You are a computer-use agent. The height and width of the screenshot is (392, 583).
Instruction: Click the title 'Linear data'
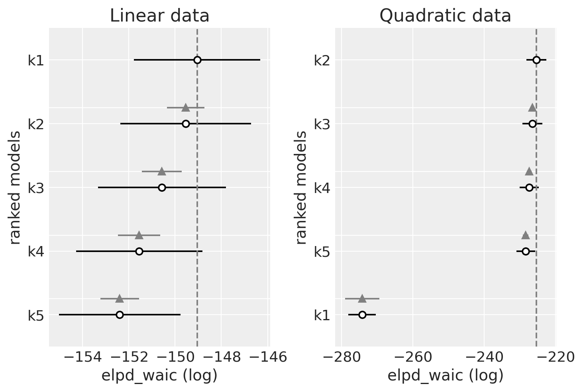point(159,16)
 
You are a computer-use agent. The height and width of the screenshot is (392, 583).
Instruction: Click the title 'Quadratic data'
point(445,16)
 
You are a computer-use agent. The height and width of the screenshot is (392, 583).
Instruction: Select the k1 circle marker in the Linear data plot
point(197,60)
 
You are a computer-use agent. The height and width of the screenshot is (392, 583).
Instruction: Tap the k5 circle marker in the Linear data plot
point(120,315)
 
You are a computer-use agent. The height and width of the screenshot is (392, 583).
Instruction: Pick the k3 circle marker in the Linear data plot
point(162,187)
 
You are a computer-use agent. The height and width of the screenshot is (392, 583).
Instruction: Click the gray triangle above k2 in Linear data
point(186,108)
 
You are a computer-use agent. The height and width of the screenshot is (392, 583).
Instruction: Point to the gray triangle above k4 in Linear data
point(139,235)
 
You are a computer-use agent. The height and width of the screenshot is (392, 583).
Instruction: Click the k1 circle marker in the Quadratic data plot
point(362,315)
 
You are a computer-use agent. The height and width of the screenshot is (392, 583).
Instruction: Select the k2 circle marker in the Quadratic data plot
point(536,60)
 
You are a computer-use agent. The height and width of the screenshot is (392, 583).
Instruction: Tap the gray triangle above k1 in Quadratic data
point(362,299)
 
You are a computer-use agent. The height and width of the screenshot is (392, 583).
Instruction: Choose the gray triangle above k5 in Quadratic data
point(526,235)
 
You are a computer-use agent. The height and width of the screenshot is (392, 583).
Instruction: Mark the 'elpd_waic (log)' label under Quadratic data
point(445,376)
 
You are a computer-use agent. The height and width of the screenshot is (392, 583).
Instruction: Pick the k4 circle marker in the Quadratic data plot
point(529,187)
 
